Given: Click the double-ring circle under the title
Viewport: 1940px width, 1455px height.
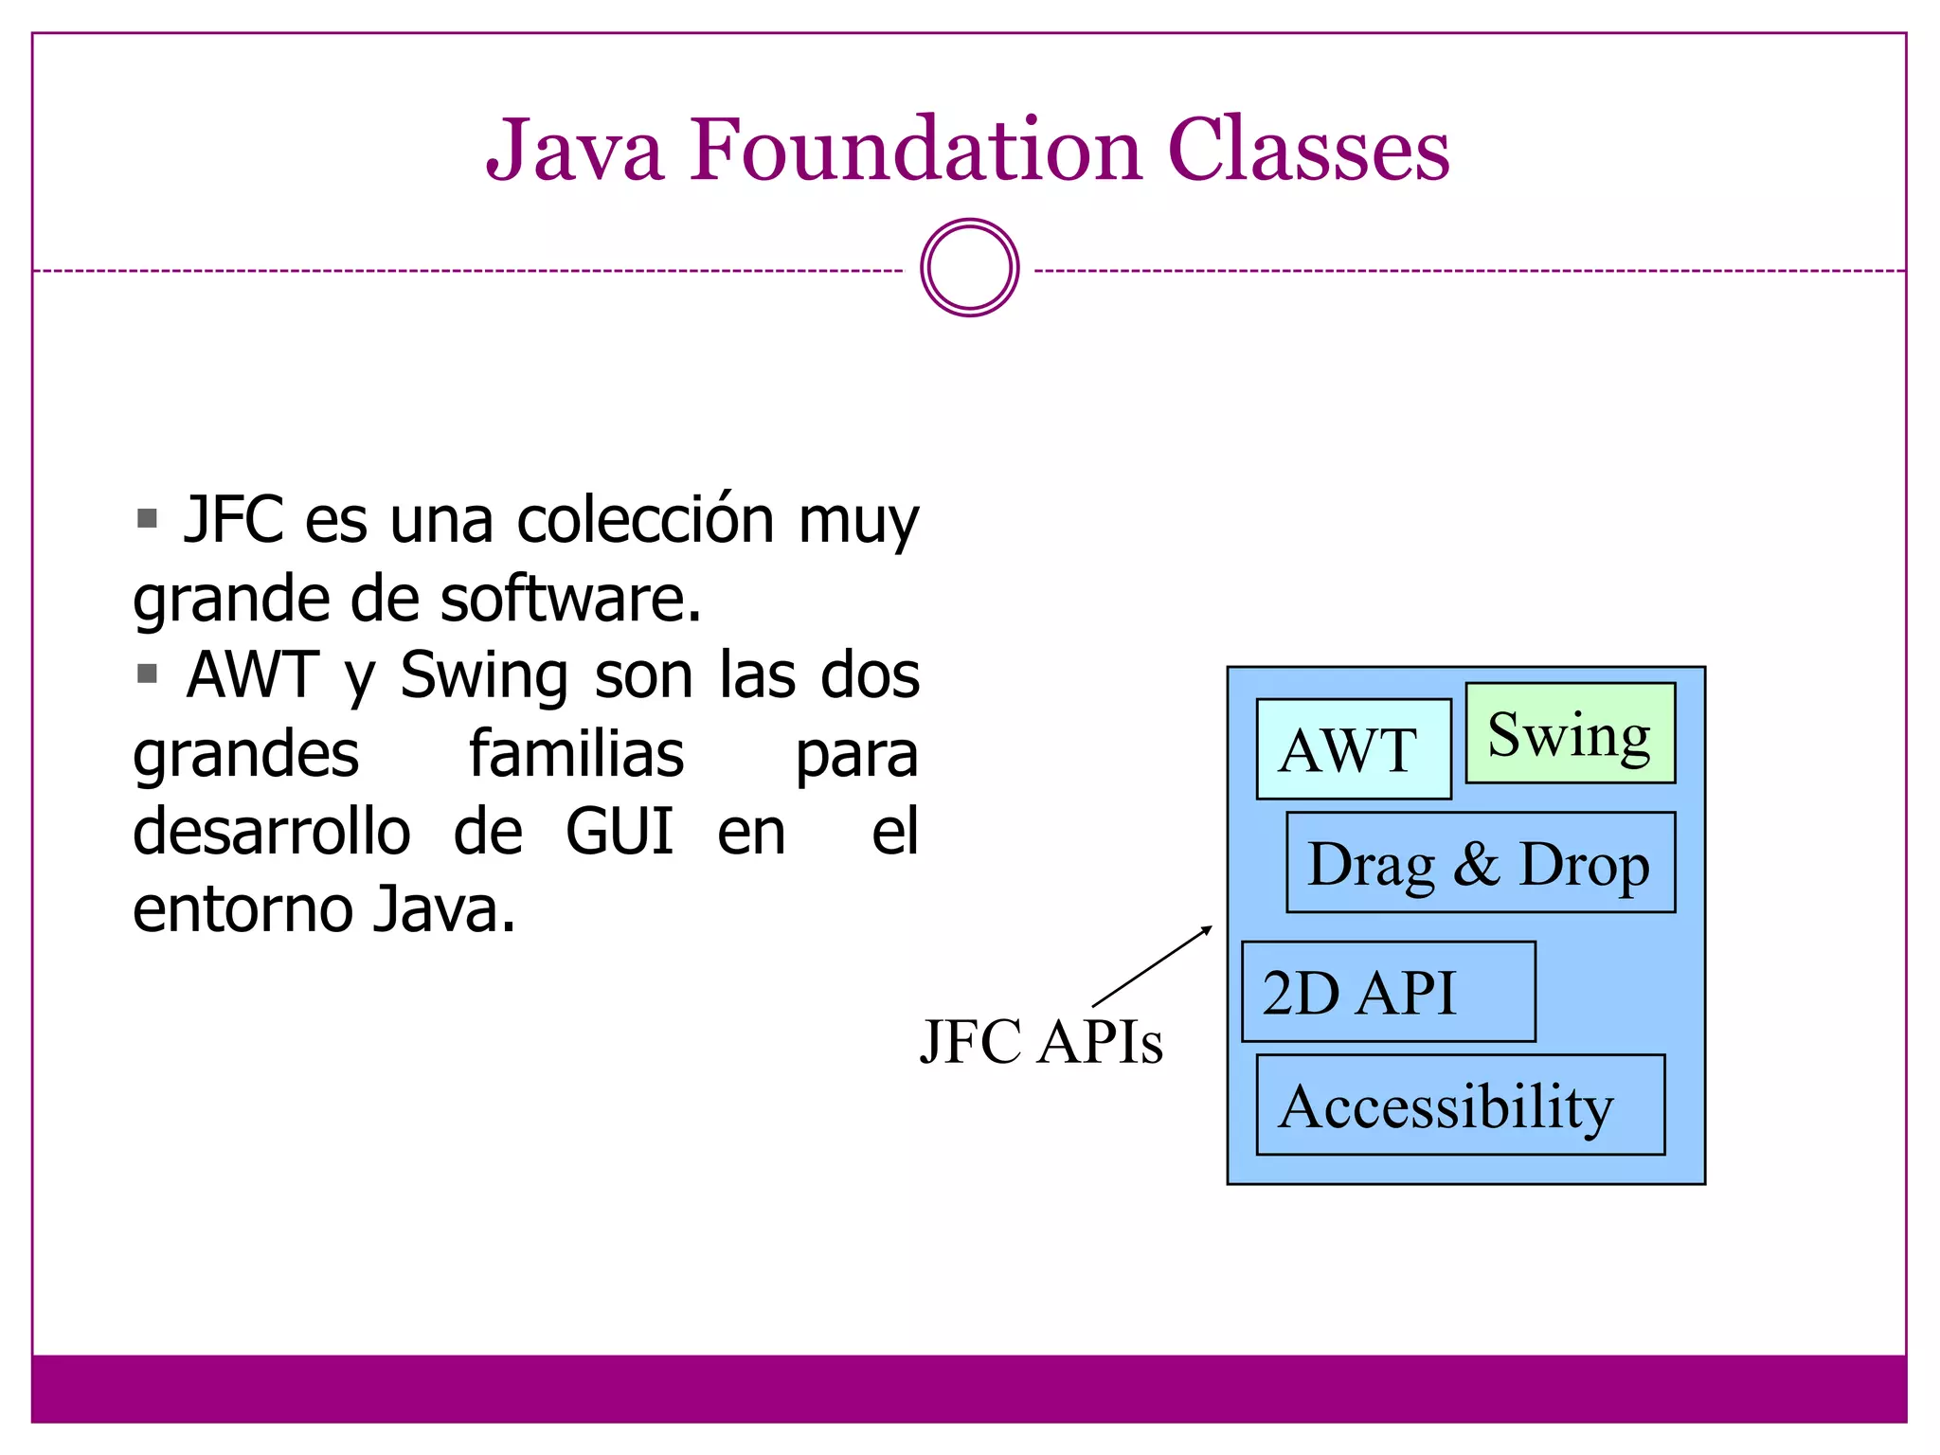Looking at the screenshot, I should point(969,268).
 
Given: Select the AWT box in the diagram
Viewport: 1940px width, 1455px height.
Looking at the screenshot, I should point(1353,749).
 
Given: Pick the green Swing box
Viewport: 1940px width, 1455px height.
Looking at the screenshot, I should point(1570,733).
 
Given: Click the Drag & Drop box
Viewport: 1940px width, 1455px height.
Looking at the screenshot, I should point(1480,863).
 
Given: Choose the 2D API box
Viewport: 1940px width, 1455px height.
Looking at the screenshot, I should point(1388,992).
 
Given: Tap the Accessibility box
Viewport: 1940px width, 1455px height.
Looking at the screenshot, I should point(1460,1105).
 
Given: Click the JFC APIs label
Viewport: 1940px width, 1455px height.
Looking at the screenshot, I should point(1040,1042).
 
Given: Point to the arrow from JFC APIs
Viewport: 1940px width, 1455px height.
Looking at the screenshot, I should point(1152,966).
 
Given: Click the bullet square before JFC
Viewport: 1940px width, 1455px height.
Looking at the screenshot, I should point(147,518).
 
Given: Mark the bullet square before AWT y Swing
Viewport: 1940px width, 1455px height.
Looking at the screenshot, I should point(147,674).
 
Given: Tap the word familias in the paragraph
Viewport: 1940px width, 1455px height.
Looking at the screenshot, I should point(576,754).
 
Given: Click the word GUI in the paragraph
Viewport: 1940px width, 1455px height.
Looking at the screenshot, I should point(619,832).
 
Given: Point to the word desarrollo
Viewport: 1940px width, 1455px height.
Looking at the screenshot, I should point(272,832).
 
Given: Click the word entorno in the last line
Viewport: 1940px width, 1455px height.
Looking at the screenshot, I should point(242,909).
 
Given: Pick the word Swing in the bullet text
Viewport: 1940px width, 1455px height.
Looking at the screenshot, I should point(484,676).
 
